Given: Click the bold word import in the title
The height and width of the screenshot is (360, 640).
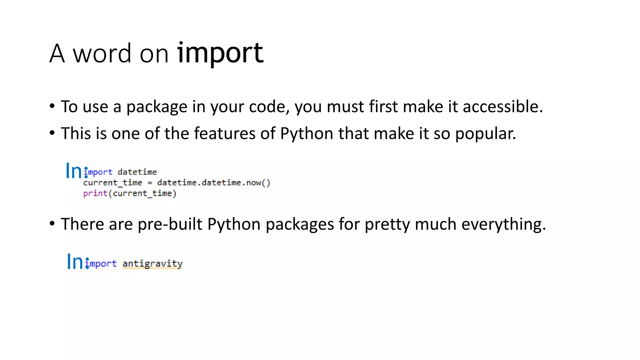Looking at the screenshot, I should [220, 53].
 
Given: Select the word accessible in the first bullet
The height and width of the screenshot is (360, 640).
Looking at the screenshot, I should [502, 107].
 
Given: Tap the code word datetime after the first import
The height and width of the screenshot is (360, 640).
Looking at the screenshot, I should [137, 172].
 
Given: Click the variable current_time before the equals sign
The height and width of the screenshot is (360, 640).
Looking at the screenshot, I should [112, 182].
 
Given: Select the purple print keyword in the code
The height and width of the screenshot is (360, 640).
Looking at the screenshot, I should [95, 193].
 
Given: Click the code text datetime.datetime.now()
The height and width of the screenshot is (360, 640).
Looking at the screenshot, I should [213, 182].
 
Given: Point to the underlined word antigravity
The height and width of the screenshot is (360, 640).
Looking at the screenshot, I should [152, 264].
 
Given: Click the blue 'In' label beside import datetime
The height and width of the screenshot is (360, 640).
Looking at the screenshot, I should [74, 171].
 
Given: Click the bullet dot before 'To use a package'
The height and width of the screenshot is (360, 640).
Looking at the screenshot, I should [52, 106].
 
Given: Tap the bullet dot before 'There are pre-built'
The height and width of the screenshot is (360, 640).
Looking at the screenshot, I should [52, 223].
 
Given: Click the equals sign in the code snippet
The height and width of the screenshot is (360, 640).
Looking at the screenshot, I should [150, 183].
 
